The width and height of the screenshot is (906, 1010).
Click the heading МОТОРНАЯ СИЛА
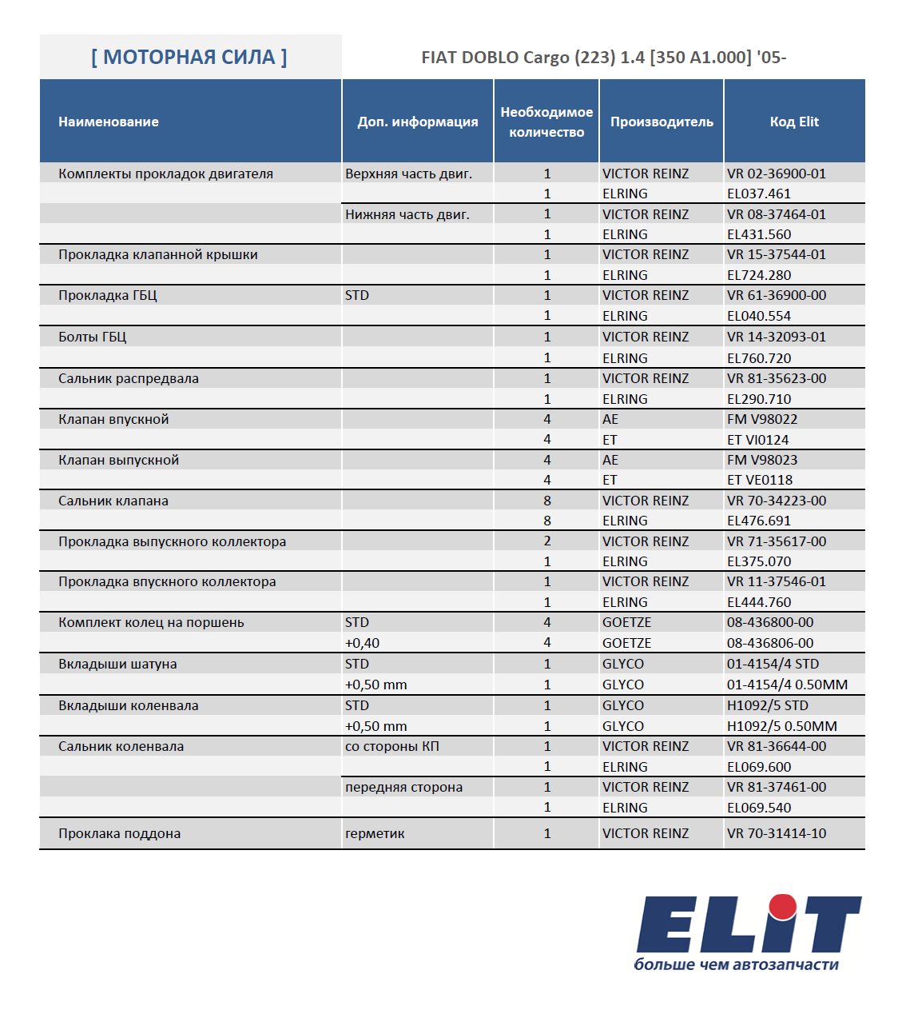189,57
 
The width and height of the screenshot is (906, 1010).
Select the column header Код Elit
794,122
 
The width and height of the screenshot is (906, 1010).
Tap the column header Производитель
662,122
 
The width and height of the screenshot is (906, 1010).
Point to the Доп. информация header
418,122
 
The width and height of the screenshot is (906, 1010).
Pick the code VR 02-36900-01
777,174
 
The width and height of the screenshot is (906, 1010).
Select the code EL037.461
759,194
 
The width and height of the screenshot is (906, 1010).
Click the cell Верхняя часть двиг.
408,174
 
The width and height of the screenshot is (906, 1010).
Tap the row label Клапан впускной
113,419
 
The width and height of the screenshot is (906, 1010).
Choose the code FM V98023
762,460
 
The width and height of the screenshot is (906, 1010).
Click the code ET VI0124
758,440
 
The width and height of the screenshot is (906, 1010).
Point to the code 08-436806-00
770,643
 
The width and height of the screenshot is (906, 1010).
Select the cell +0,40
362,643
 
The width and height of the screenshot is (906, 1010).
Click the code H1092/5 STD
768,705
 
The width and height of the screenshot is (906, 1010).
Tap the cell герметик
375,833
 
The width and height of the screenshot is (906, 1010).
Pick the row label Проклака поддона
120,833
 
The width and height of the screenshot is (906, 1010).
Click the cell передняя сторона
403,787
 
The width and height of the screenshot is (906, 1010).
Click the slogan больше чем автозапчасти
736,964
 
